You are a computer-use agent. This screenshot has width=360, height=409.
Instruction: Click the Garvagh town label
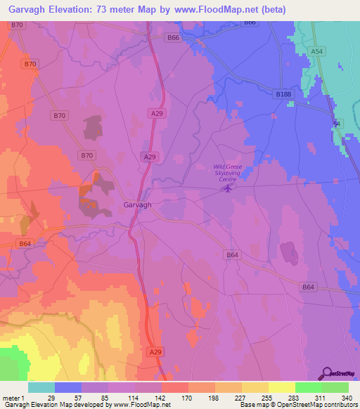138,205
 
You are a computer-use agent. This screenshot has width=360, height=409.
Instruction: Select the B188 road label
283,93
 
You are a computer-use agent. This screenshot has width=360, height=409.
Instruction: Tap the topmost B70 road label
18,25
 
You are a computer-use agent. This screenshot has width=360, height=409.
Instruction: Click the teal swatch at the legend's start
41,387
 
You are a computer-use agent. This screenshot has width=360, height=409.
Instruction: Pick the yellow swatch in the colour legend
255,387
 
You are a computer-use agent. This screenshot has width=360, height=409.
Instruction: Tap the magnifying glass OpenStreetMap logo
326,373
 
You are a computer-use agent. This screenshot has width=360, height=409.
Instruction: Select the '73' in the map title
120,9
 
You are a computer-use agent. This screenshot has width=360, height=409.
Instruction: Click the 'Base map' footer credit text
252,405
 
